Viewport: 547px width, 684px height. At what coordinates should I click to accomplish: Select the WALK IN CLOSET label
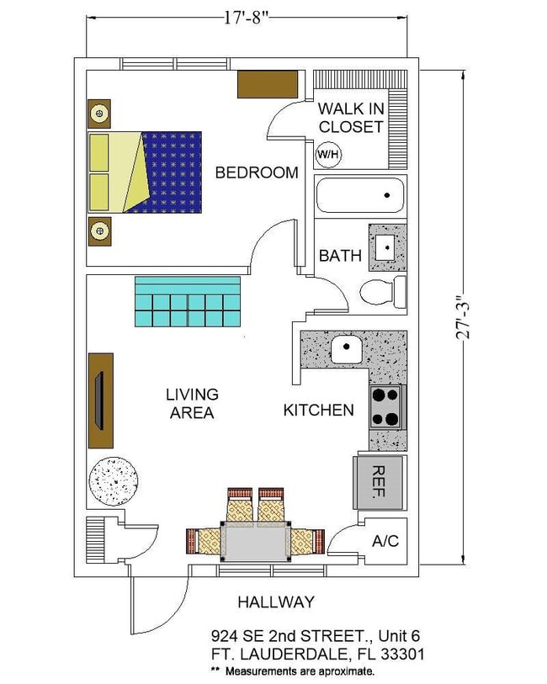(350, 118)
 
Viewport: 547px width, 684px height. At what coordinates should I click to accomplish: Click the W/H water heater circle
(327, 154)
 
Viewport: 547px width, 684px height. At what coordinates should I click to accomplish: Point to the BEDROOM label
(257, 172)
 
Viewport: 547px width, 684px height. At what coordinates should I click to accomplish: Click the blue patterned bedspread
(175, 172)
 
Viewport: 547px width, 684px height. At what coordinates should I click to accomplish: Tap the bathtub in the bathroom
(360, 195)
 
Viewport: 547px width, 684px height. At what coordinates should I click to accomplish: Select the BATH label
(340, 256)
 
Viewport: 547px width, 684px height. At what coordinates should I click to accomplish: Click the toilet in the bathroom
(383, 293)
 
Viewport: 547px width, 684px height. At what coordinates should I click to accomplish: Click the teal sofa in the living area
(188, 302)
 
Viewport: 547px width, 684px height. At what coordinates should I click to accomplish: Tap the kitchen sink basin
(346, 348)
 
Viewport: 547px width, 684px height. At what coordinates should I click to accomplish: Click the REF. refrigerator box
(378, 482)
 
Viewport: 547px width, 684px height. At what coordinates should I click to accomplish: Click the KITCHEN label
(318, 411)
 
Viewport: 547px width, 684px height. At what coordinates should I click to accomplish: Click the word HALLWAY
(275, 602)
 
